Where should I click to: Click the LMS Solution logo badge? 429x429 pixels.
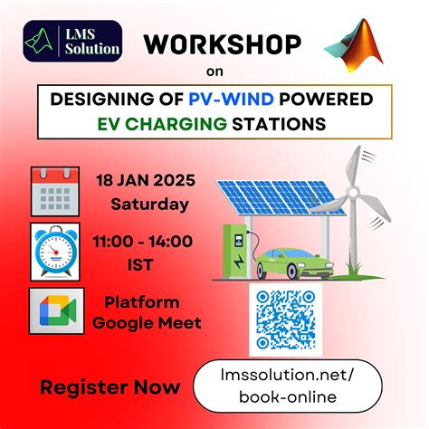(x=73, y=40)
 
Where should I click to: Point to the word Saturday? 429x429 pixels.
(x=150, y=204)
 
